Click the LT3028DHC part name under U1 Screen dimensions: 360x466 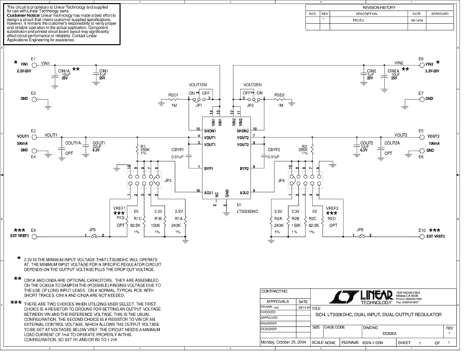click(x=229, y=211)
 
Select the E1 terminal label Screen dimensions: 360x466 click(x=34, y=57)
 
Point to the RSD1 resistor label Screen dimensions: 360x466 click(x=174, y=95)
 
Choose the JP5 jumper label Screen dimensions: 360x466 click(x=91, y=230)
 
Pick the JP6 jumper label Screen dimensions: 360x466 click(x=361, y=230)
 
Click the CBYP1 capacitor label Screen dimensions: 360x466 click(x=178, y=150)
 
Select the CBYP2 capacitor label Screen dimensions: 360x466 click(x=274, y=150)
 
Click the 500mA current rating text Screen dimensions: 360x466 click(x=22, y=143)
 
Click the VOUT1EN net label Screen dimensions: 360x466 click(x=198, y=85)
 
